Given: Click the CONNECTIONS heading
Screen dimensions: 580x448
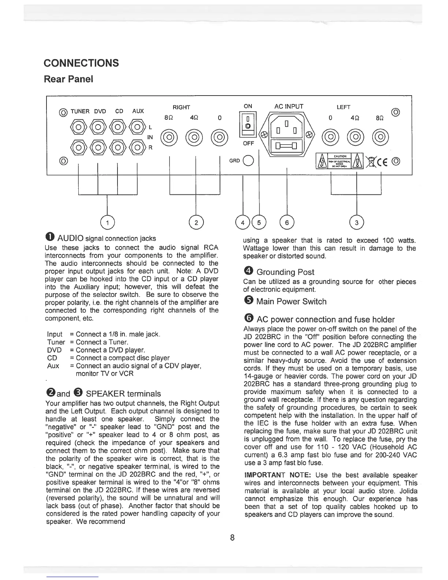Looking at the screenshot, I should coord(81,63).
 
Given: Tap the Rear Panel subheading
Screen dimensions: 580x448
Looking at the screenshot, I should coord(68,79).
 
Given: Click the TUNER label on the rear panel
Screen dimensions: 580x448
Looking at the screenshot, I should coord(80,111).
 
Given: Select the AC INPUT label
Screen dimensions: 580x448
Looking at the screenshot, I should coord(289,107).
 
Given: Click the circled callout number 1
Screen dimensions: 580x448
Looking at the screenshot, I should coord(107,222).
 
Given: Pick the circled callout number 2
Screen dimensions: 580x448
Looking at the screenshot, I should coord(197,222).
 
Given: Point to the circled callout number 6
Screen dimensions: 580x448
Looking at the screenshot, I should coord(287,222).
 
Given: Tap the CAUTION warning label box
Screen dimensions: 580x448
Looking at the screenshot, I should coord(340,161).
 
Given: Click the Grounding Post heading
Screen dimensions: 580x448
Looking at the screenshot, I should coord(285,272).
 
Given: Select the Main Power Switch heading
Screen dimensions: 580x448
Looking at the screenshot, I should coord(291,301).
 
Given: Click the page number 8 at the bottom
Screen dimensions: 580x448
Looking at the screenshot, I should coord(232,538).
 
